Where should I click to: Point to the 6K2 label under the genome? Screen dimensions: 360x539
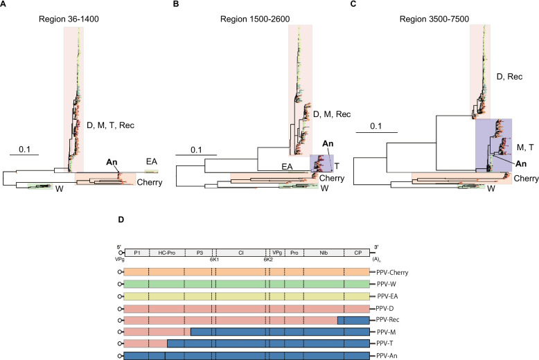[268, 260]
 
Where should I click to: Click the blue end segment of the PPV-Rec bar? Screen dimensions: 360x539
[353, 320]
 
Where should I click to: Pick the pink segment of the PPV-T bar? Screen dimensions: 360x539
[145, 344]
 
